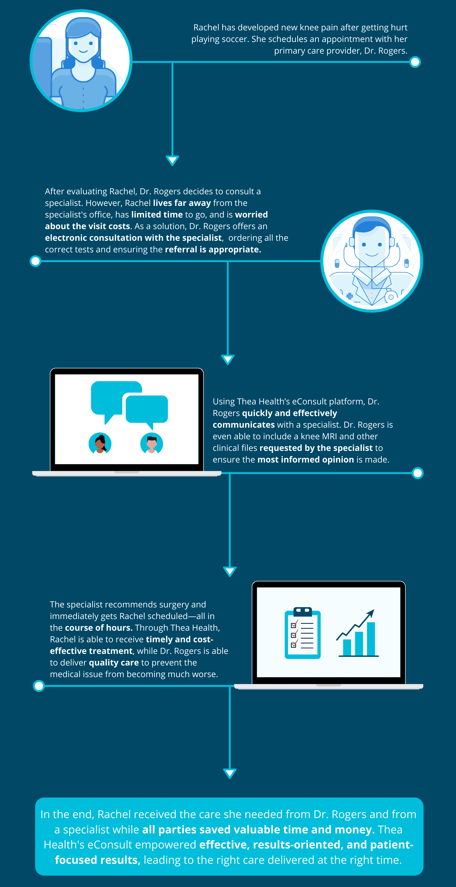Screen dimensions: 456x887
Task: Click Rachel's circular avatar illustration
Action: point(81,61)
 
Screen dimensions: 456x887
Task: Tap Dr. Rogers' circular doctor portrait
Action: point(372,261)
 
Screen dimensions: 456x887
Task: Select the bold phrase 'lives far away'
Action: point(182,203)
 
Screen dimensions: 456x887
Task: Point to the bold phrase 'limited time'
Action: point(157,215)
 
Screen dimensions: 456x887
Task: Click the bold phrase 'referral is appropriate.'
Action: point(213,250)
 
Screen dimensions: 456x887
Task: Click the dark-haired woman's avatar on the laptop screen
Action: point(100,443)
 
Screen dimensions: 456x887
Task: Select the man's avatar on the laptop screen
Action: point(151,443)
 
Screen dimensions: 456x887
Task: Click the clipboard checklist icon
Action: point(302,633)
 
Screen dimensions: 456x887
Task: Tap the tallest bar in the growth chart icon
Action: point(371,639)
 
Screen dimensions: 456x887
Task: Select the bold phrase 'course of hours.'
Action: point(99,628)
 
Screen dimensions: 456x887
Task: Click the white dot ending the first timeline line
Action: point(415,62)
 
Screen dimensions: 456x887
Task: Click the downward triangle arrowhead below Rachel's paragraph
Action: point(172,161)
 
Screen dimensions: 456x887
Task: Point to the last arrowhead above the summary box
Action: point(230,773)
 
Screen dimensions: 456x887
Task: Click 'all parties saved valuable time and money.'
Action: point(258,829)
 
